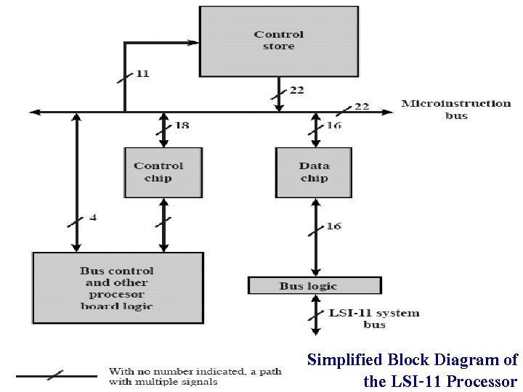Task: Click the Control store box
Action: pos(279,41)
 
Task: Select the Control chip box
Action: pos(163,172)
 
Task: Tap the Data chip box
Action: pos(314,172)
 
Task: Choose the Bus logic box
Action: pos(314,285)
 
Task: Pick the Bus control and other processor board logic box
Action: pos(118,287)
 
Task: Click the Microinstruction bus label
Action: pos(455,110)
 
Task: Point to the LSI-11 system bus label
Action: pos(374,319)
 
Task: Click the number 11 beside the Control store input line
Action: pos(142,74)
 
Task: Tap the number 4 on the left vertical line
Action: pos(93,217)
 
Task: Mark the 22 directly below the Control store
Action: pos(296,90)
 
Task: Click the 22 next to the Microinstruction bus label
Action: pos(361,106)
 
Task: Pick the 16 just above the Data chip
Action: pos(333,126)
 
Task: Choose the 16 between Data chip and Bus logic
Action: pos(333,226)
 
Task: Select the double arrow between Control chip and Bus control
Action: pos(163,224)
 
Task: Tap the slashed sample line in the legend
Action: pos(56,375)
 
